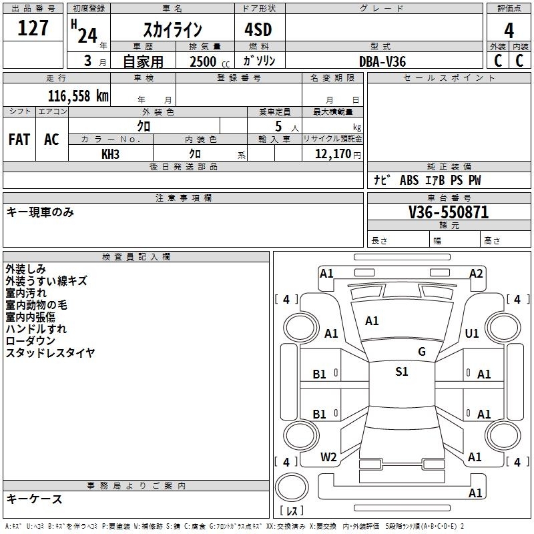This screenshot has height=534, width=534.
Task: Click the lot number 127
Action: pyautogui.click(x=33, y=28)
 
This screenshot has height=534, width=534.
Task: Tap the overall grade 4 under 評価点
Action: pyautogui.click(x=509, y=31)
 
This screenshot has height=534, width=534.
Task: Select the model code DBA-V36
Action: pyautogui.click(x=382, y=61)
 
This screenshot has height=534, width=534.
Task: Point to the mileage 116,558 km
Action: pyautogui.click(x=78, y=96)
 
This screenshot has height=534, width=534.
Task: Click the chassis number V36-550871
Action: pyautogui.click(x=449, y=212)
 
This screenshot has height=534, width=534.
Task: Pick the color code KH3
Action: pyautogui.click(x=110, y=154)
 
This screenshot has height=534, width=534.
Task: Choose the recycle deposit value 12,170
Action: pyautogui.click(x=332, y=154)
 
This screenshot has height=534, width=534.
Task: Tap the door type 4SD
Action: pyautogui.click(x=258, y=29)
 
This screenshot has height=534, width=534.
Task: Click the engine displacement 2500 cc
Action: pyautogui.click(x=210, y=62)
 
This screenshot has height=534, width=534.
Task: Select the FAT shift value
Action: pyautogui.click(x=19, y=140)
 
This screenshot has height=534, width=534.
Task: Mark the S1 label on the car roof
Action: pyautogui.click(x=402, y=371)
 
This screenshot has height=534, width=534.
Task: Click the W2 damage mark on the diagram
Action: pyautogui.click(x=328, y=457)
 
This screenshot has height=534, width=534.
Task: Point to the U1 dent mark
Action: pyautogui.click(x=472, y=333)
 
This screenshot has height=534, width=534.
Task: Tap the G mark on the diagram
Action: pyautogui.click(x=422, y=351)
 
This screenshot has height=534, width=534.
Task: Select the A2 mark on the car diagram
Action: pyautogui.click(x=476, y=274)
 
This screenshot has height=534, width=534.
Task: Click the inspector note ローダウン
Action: pyautogui.click(x=30, y=340)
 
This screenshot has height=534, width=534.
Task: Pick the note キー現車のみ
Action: pyautogui.click(x=40, y=212)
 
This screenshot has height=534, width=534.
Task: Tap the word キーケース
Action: pyautogui.click(x=35, y=499)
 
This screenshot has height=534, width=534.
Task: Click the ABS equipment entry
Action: pyautogui.click(x=409, y=180)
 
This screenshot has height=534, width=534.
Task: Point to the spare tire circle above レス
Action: pyautogui.click(x=292, y=487)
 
